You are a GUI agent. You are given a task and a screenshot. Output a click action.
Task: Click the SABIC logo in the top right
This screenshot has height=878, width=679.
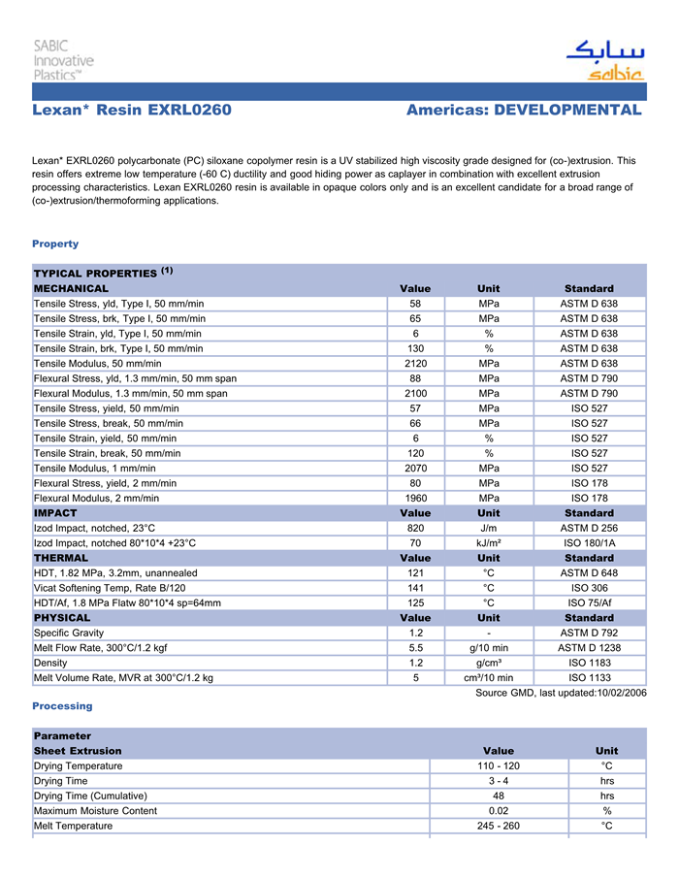click(x=603, y=61)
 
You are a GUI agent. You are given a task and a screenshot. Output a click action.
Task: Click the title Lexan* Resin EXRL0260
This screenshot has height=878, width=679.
click(x=132, y=111)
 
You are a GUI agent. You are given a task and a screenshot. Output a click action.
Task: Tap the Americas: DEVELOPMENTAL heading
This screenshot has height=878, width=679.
click(x=524, y=111)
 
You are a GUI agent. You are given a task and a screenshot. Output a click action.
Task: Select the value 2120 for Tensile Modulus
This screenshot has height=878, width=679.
click(x=415, y=364)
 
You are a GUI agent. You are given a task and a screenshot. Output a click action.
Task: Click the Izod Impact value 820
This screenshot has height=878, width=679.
click(x=415, y=528)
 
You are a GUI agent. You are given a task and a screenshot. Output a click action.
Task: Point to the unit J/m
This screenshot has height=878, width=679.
click(x=489, y=528)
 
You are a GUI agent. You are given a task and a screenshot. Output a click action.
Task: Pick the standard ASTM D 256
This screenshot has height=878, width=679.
click(x=588, y=528)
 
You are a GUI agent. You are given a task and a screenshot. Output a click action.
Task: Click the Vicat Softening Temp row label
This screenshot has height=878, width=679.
click(x=110, y=588)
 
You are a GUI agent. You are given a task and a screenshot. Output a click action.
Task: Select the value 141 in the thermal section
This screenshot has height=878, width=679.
click(x=415, y=588)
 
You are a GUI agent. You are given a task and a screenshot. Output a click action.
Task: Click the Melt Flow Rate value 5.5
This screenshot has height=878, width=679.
click(x=415, y=648)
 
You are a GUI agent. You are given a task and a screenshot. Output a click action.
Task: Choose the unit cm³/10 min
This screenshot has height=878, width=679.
click(x=489, y=678)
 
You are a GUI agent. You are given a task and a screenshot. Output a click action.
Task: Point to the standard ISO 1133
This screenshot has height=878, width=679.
click(x=590, y=678)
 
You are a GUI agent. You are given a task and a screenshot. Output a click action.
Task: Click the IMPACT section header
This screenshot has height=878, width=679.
click(x=55, y=512)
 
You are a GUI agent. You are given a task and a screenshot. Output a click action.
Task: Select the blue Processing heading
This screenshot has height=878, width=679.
click(x=62, y=705)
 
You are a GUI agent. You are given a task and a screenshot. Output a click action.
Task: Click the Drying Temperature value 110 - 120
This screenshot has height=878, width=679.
click(x=498, y=765)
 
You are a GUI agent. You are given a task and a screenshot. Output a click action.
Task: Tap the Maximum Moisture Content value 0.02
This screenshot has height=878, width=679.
click(x=498, y=811)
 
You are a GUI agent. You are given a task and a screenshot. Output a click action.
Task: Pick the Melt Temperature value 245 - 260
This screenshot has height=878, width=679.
click(x=498, y=826)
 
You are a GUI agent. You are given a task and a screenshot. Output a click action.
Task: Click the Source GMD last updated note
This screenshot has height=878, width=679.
click(x=561, y=693)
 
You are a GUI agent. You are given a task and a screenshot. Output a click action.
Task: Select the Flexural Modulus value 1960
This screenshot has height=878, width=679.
click(x=415, y=498)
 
